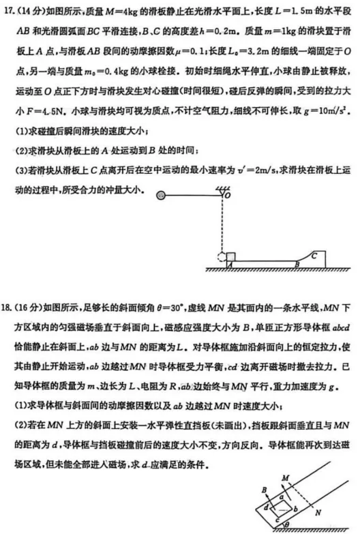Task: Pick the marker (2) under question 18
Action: tap(20, 426)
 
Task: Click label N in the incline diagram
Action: tap(322, 509)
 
